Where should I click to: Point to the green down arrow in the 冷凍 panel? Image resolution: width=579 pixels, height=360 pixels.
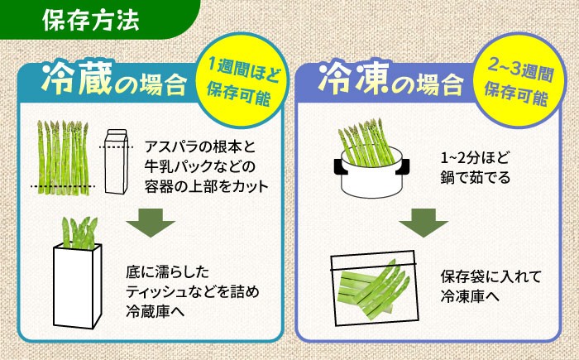coord(423,224)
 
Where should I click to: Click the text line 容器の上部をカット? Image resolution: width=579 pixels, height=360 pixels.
coord(207,185)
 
